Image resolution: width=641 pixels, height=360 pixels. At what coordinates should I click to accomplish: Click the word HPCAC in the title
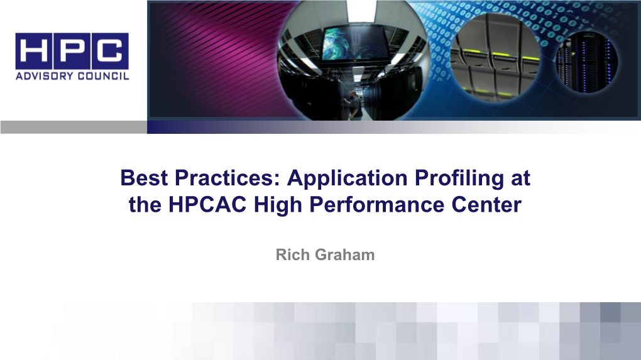pyautogui.click(x=200, y=205)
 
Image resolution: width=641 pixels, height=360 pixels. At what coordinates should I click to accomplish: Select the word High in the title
pyautogui.click(x=271, y=205)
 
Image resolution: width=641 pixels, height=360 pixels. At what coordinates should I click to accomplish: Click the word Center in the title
pyautogui.click(x=492, y=205)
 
